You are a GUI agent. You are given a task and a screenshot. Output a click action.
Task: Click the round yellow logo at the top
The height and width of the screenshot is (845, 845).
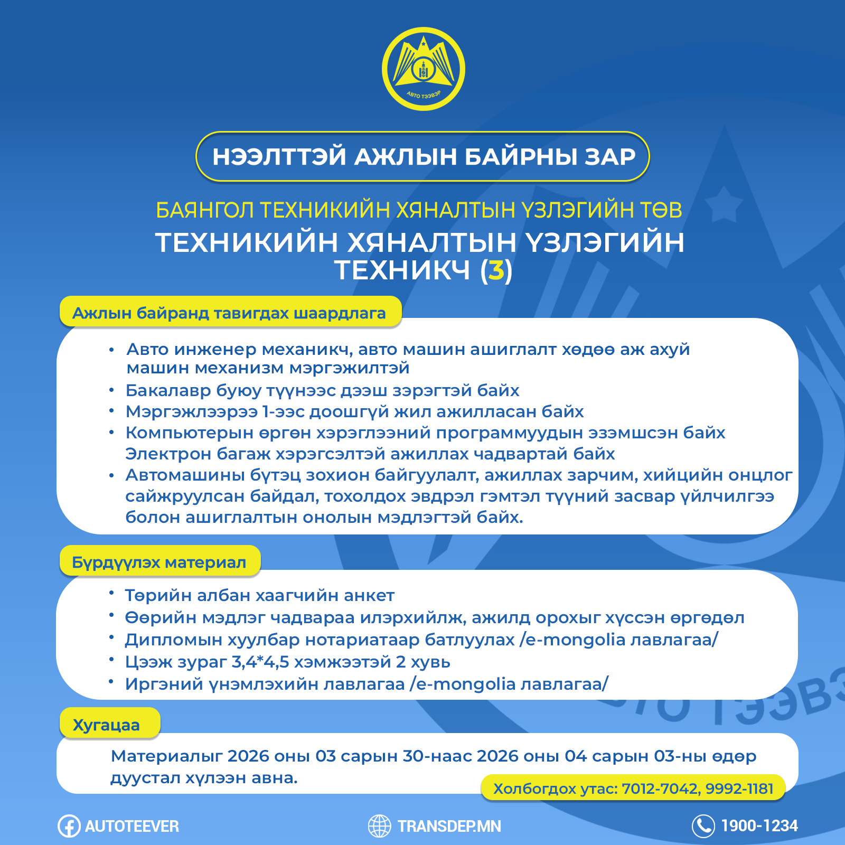pyautogui.click(x=423, y=69)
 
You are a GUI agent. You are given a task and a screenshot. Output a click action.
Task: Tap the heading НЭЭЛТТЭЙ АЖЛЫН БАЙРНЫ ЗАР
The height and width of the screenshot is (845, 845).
pyautogui.click(x=423, y=157)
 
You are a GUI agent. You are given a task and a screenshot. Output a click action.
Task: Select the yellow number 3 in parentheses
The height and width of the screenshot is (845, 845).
pyautogui.click(x=496, y=270)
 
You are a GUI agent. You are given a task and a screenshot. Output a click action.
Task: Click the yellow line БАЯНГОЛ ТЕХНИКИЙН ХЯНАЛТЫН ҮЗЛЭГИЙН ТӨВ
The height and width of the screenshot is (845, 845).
pyautogui.click(x=419, y=210)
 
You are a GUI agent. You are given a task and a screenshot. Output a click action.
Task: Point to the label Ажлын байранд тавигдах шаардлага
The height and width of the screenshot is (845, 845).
pyautogui.click(x=229, y=313)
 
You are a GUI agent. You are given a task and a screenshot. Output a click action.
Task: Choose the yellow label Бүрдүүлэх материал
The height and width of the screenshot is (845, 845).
pyautogui.click(x=159, y=562)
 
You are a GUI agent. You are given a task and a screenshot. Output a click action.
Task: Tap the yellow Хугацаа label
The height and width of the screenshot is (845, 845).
pyautogui.click(x=106, y=725)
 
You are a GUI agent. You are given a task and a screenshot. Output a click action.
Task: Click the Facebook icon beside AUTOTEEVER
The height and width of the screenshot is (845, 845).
pyautogui.click(x=69, y=826)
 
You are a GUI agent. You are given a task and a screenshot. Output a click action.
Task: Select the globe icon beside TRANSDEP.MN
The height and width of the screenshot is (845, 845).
pyautogui.click(x=379, y=826)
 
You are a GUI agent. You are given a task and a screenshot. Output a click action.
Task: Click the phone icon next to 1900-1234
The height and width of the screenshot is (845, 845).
pyautogui.click(x=703, y=826)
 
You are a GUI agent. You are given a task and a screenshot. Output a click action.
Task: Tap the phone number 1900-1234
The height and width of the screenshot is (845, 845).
pyautogui.click(x=759, y=826)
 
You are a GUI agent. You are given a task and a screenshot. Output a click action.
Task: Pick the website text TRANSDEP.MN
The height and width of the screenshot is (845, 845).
pyautogui.click(x=449, y=827)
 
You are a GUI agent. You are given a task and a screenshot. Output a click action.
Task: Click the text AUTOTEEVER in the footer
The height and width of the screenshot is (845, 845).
pyautogui.click(x=132, y=827)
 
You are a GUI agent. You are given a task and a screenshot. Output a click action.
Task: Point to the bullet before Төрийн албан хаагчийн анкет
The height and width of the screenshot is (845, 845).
pyautogui.click(x=111, y=593)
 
